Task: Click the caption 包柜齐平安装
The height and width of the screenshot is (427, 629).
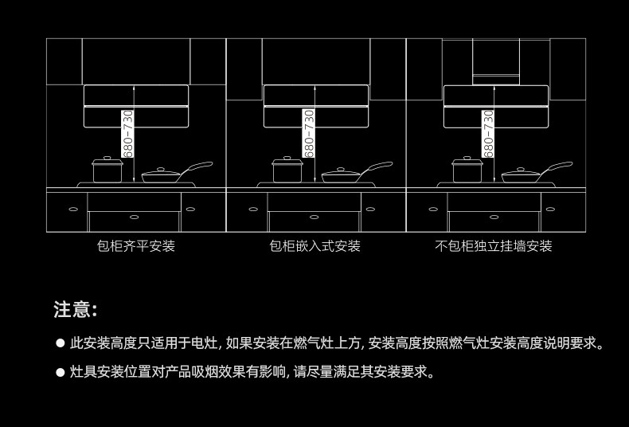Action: pyautogui.click(x=135, y=246)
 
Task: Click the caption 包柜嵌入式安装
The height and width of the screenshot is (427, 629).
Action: pyautogui.click(x=315, y=246)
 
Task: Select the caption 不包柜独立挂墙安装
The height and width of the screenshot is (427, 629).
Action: pyautogui.click(x=494, y=246)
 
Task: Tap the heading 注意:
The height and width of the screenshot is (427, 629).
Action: pyautogui.click(x=76, y=309)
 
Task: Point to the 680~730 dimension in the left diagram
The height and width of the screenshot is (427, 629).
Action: pyautogui.click(x=127, y=133)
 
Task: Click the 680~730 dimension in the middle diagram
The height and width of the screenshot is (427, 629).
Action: pyautogui.click(x=308, y=133)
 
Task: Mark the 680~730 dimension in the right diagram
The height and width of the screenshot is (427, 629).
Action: pyautogui.click(x=488, y=133)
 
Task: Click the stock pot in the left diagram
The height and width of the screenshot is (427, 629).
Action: pyautogui.click(x=107, y=171)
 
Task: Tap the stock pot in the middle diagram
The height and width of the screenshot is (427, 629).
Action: pyautogui.click(x=287, y=171)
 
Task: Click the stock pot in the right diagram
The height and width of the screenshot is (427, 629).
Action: pyautogui.click(x=467, y=171)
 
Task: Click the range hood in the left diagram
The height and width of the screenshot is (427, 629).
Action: pyautogui.click(x=136, y=106)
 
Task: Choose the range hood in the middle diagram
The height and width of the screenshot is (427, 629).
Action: pyautogui.click(x=316, y=106)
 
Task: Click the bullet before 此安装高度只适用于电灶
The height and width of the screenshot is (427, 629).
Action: pyautogui.click(x=60, y=343)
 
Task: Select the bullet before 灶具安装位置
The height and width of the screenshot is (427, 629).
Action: pyautogui.click(x=60, y=371)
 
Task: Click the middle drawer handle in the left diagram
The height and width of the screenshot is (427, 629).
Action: pyautogui.click(x=134, y=217)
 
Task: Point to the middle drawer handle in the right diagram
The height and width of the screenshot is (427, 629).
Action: pyautogui.click(x=494, y=217)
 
